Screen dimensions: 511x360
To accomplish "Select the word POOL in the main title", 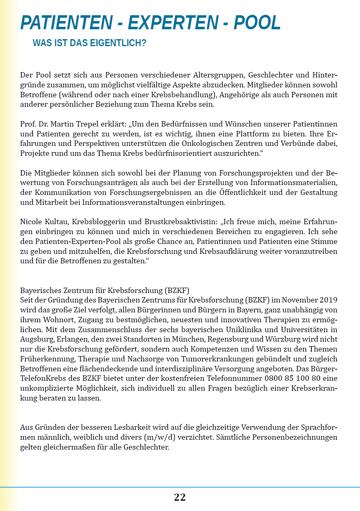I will (257, 23).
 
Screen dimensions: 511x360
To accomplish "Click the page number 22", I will (180, 497).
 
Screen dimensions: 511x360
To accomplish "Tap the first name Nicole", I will (32, 221).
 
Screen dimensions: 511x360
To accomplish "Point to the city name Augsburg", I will (36, 340).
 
